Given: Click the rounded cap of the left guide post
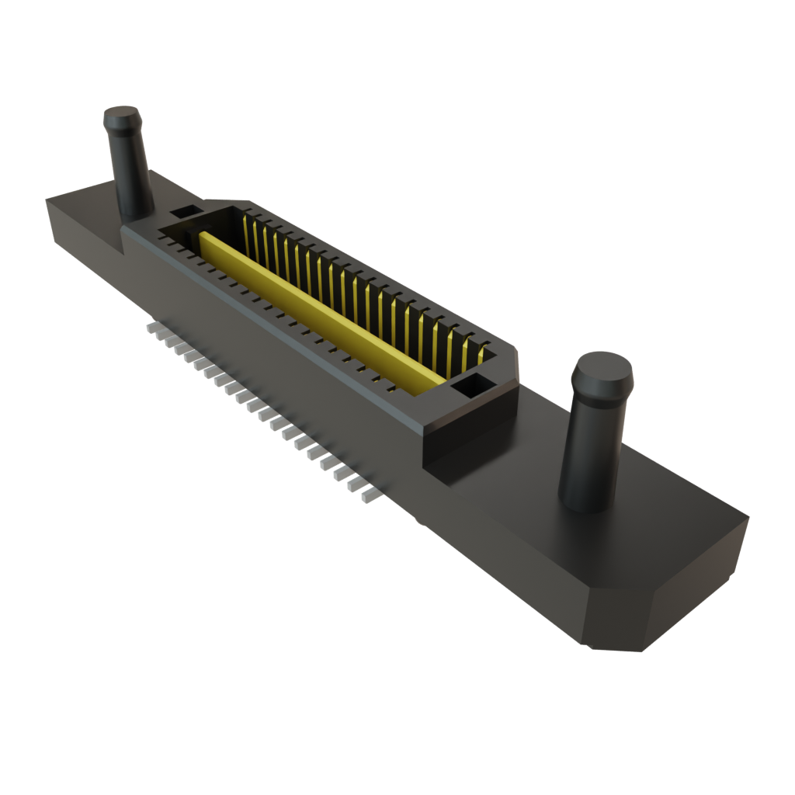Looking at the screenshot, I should pos(123,120).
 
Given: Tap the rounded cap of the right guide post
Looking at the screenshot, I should pos(602,372).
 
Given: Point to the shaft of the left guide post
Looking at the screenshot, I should pos(130,175).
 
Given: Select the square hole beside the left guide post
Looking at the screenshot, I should pos(185,211).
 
